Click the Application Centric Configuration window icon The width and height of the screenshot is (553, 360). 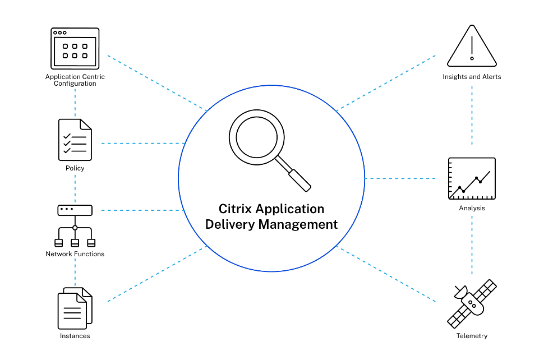pyautogui.click(x=75, y=49)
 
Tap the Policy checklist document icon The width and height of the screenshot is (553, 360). pyautogui.click(x=75, y=140)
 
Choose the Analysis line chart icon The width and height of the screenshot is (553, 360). pyautogui.click(x=472, y=179)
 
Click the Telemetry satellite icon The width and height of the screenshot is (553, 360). pyautogui.click(x=472, y=303)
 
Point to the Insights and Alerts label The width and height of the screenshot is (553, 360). pyautogui.click(x=472, y=77)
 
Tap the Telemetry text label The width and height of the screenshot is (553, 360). pyautogui.click(x=472, y=336)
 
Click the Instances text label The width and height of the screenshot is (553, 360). pyautogui.click(x=75, y=336)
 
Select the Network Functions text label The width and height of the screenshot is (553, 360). pyautogui.click(x=75, y=254)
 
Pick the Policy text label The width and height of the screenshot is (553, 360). pyautogui.click(x=75, y=168)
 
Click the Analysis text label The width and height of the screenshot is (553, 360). pyautogui.click(x=472, y=208)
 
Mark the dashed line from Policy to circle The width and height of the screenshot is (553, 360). pyautogui.click(x=142, y=144)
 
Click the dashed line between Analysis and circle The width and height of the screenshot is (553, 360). pyautogui.click(x=400, y=179)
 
